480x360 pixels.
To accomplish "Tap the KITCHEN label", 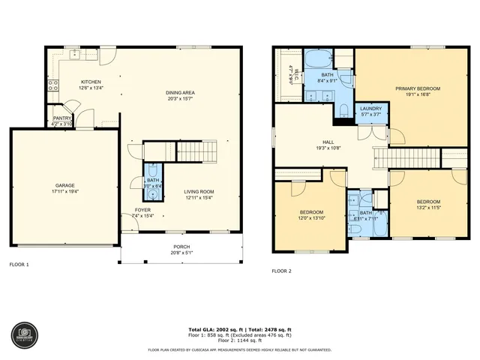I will point(91,82).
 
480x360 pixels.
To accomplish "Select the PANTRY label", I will point(61,118).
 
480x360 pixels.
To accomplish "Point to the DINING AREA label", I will point(181,93).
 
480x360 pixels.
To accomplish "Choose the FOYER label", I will point(142,210).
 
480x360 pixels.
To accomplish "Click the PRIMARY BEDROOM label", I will point(418,88).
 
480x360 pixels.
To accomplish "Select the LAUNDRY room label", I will point(370,109).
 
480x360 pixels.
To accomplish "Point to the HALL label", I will point(328,143).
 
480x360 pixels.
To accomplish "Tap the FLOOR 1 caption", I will point(19,265).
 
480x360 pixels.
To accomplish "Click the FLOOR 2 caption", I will point(281,270).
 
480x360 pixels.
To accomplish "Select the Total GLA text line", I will point(239,329).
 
